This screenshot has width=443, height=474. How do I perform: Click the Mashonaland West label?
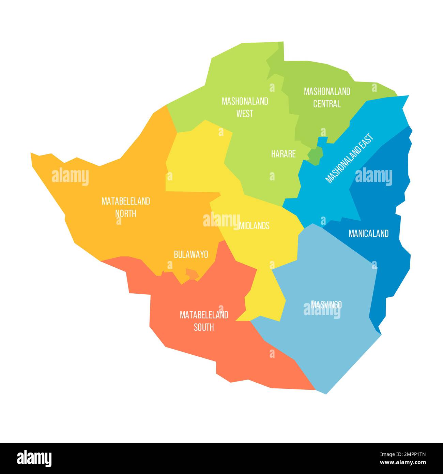[245, 107]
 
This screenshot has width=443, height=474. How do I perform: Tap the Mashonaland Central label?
[327, 98]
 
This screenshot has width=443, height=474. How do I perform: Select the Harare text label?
[283, 154]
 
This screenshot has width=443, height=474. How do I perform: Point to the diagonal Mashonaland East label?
[350, 158]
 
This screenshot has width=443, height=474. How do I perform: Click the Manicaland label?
[368, 234]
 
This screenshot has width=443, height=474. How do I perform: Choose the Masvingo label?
[326, 305]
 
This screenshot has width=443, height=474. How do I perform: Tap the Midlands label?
[255, 226]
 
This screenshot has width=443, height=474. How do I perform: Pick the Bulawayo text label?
[191, 254]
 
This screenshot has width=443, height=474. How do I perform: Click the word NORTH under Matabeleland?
[125, 213]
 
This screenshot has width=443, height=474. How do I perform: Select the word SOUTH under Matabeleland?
[204, 327]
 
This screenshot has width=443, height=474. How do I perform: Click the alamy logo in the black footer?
[34, 458]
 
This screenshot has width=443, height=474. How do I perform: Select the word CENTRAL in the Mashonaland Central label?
[327, 104]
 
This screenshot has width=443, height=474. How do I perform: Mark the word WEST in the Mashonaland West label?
[245, 114]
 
